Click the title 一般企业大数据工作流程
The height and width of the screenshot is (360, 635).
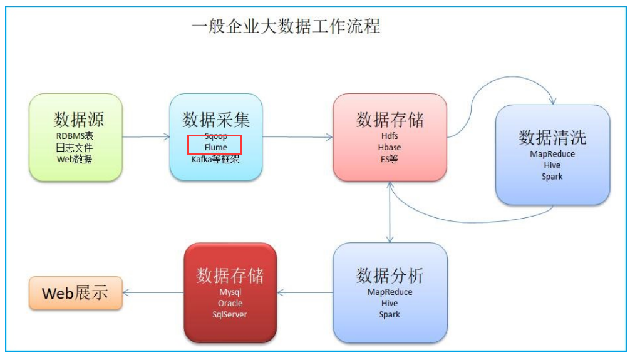[x=286, y=27]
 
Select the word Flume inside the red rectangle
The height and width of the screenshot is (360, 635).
[x=215, y=148]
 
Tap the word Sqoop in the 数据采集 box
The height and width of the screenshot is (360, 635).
[x=215, y=136]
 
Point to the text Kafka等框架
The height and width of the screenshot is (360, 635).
[x=215, y=159]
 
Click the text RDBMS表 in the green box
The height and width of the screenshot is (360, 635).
[x=75, y=136]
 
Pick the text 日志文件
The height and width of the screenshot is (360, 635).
[x=75, y=148]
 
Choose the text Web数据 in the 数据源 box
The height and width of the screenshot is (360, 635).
[x=75, y=159]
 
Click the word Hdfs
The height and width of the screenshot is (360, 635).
[x=390, y=136]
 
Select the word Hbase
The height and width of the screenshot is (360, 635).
[x=390, y=147]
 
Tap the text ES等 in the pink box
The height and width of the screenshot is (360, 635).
[x=390, y=158]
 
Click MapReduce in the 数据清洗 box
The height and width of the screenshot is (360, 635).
[x=552, y=154]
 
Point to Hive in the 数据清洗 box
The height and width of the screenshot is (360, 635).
[x=552, y=165]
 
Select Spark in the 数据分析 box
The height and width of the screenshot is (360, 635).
[x=390, y=314]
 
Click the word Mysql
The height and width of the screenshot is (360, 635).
[x=230, y=292]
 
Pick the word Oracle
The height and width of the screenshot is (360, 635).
[x=230, y=303]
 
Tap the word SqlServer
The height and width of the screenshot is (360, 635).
[x=230, y=314]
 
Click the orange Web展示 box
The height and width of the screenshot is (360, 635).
[x=75, y=292]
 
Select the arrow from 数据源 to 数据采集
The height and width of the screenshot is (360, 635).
[x=145, y=136]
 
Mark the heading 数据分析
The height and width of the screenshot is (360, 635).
[x=390, y=275]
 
